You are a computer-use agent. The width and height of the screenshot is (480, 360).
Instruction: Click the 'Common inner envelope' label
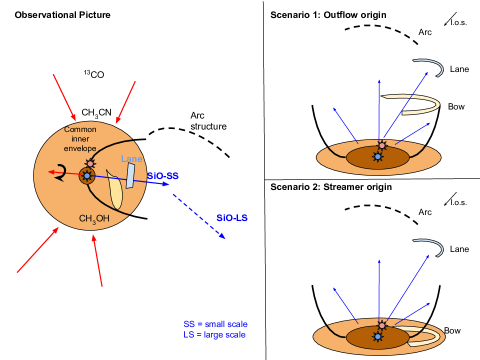click(80, 138)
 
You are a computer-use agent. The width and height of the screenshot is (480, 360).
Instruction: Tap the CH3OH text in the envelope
click(94, 219)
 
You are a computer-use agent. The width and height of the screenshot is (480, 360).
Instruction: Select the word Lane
click(131, 159)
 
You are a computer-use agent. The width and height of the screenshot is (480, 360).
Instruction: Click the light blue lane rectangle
click(130, 176)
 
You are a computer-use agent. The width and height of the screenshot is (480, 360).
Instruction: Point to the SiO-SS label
click(163, 177)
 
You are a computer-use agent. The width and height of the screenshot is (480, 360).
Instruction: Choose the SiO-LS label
click(232, 217)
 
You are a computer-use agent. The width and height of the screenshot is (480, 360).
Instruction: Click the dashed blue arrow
click(198, 216)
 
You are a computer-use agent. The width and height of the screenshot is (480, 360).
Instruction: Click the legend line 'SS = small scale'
click(215, 324)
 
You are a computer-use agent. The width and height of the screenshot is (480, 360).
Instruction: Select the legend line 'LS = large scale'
click(215, 335)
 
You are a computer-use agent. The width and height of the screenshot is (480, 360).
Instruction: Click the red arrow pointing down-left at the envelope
click(125, 102)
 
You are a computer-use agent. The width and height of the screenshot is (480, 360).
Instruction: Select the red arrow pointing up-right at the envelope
click(37, 249)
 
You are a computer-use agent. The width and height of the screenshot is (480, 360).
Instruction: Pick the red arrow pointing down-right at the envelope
click(64, 97)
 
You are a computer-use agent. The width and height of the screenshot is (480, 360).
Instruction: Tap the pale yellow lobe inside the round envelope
click(116, 190)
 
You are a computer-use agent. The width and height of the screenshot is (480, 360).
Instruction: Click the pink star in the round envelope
click(90, 163)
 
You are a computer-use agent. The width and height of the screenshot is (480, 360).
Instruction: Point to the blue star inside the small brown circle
click(87, 176)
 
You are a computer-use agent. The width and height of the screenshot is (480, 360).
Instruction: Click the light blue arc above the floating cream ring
click(429, 68)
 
